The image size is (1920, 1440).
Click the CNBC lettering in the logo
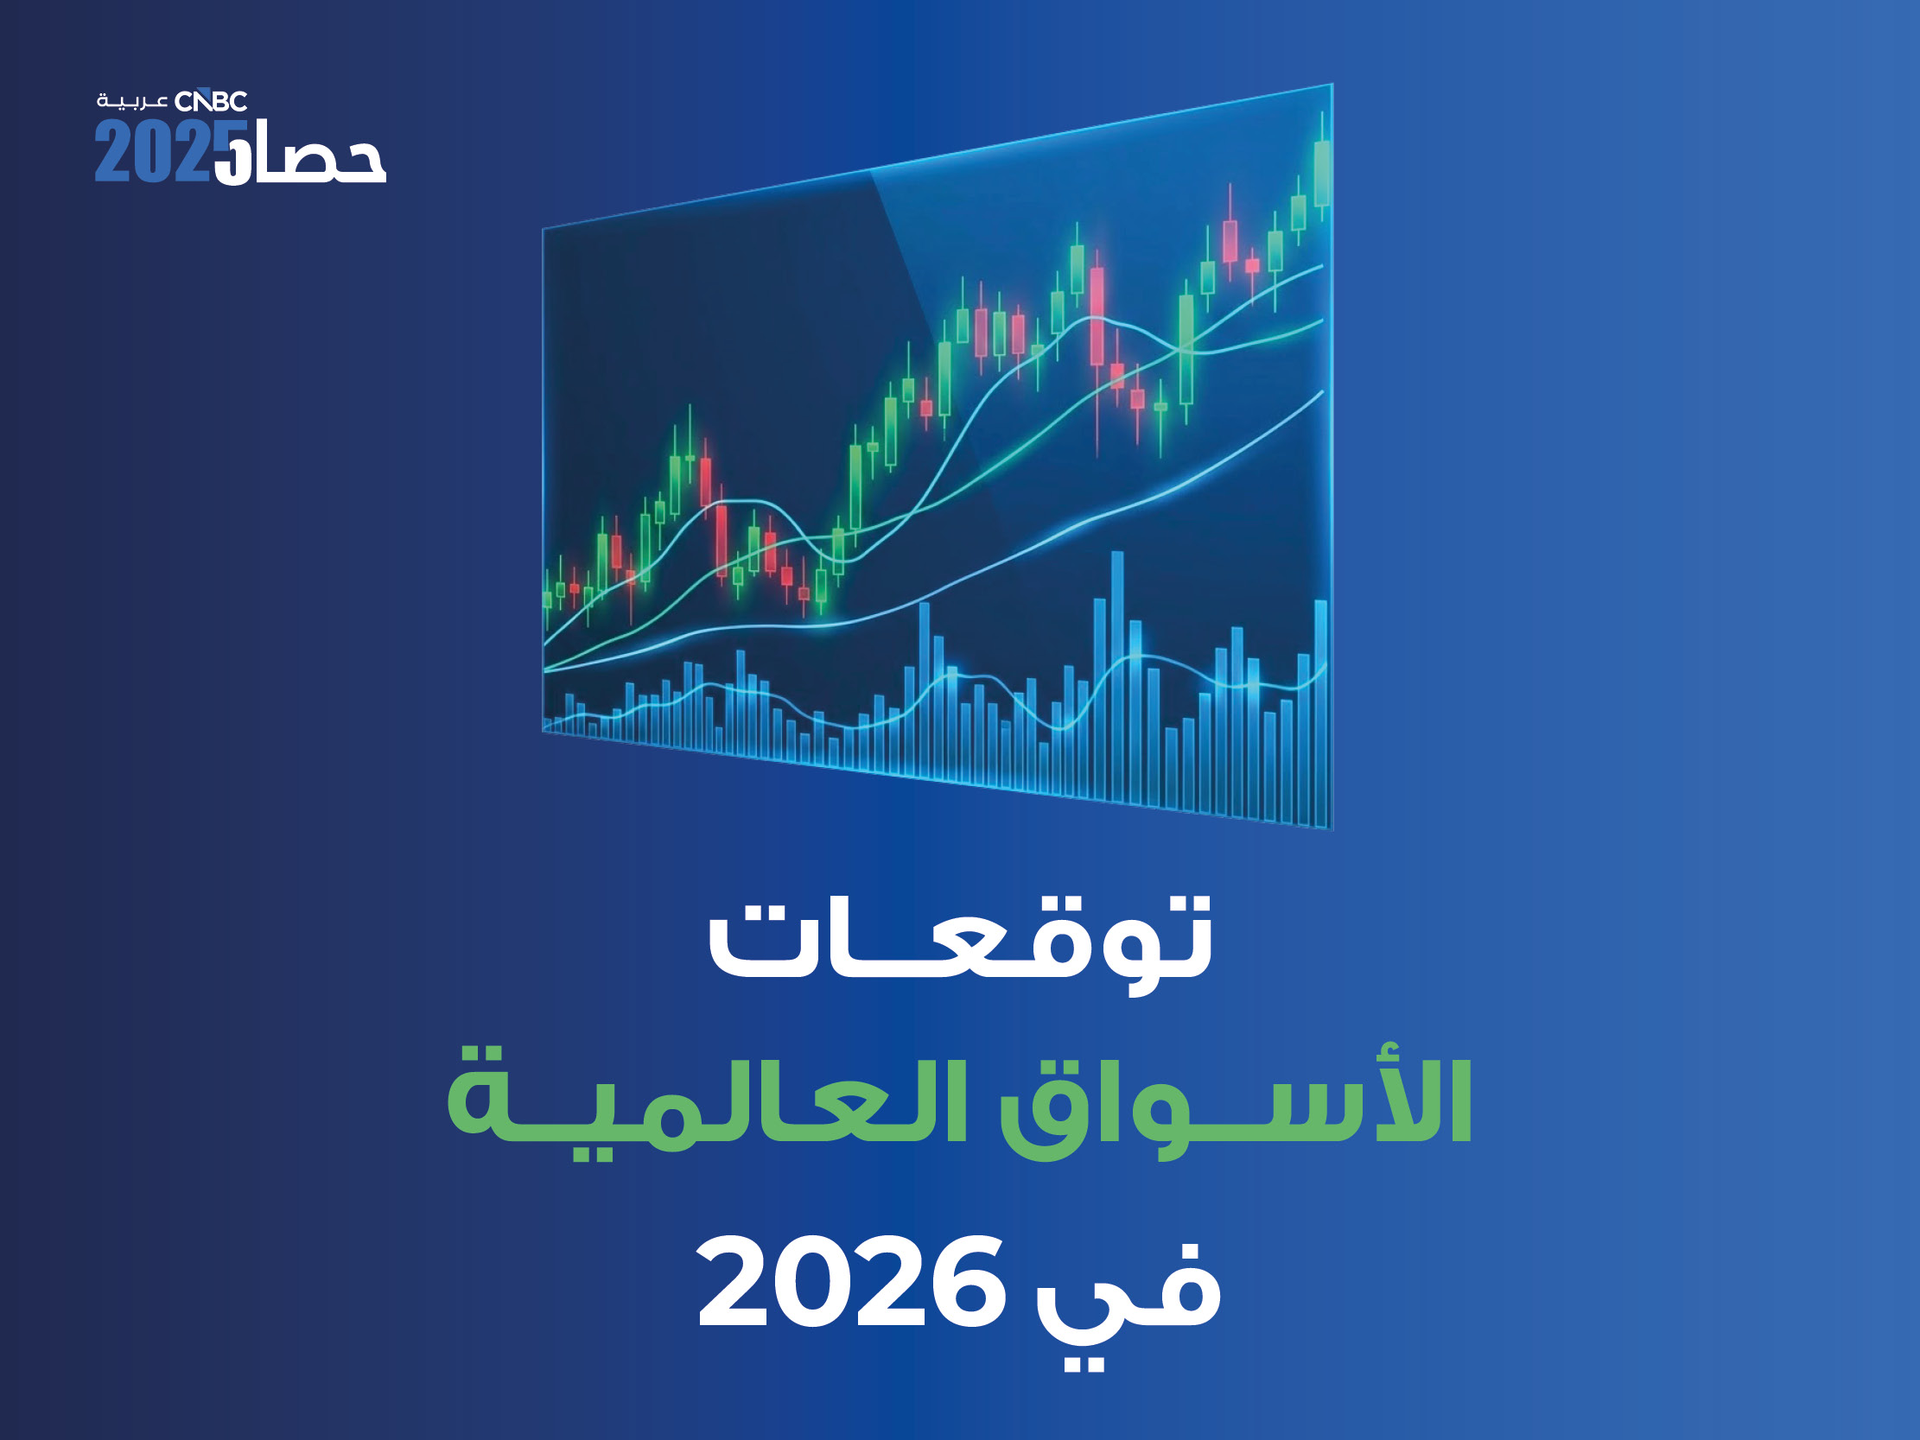pyautogui.click(x=211, y=102)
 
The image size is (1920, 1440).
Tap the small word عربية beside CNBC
pyautogui.click(x=132, y=102)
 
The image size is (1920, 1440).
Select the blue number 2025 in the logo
pyautogui.click(x=165, y=151)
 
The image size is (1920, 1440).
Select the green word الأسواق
pyautogui.click(x=1236, y=1101)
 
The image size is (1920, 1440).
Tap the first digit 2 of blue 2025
pyautogui.click(x=111, y=151)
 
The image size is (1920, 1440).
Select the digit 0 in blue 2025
pyautogui.click(x=148, y=151)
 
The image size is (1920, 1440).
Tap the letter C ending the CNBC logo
pyautogui.click(x=237, y=102)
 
